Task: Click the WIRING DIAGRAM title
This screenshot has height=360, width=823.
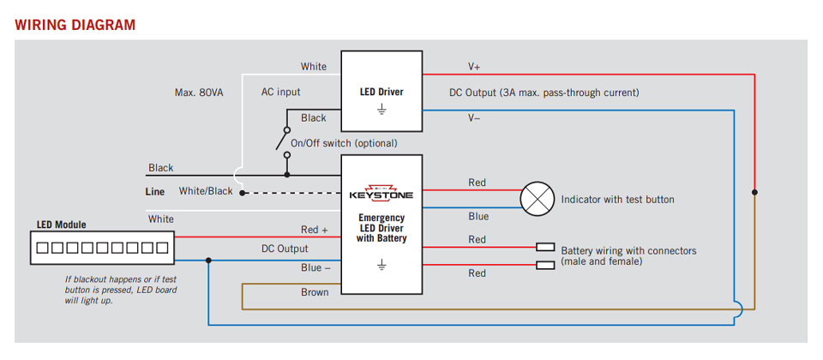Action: (75, 25)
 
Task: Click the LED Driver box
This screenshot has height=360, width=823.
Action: (381, 88)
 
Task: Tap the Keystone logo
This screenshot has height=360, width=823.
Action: (381, 193)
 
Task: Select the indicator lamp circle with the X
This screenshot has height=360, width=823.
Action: (538, 200)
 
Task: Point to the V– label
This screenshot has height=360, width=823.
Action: (474, 118)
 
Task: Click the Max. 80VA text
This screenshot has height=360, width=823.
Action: (199, 92)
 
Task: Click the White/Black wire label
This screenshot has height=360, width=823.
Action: (206, 191)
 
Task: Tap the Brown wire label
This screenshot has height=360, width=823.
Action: (315, 292)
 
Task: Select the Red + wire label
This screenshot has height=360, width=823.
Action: (315, 230)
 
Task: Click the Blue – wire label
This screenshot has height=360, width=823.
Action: (315, 268)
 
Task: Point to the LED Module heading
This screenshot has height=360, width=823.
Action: (61, 225)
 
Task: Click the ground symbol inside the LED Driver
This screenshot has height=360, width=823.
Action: (381, 110)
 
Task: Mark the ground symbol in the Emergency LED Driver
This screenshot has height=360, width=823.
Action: (381, 267)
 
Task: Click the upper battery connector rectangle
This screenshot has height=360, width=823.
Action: (545, 247)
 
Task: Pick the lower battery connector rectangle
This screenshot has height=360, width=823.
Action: (545, 265)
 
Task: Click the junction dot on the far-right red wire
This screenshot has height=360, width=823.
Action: (754, 191)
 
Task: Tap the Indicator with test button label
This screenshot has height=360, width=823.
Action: (617, 200)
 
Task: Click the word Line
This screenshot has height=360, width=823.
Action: (155, 192)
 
